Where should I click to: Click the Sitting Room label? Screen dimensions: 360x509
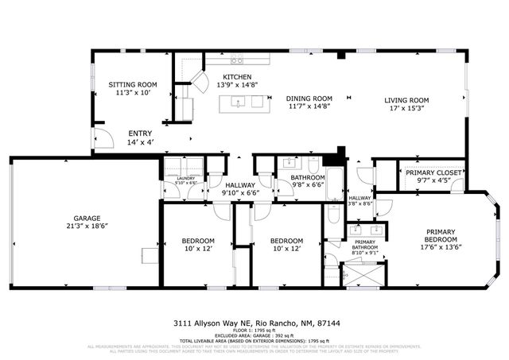[134, 84]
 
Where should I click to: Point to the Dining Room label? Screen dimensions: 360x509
[309, 99]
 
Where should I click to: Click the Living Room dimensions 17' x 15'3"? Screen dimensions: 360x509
[406, 109]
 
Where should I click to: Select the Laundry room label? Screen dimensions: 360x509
[185, 179]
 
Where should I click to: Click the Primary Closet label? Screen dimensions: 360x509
[427, 172]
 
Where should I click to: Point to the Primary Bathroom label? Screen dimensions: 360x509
[365, 244]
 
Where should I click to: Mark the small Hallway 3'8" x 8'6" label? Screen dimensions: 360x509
[359, 199]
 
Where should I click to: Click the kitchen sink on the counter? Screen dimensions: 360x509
[237, 60]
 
